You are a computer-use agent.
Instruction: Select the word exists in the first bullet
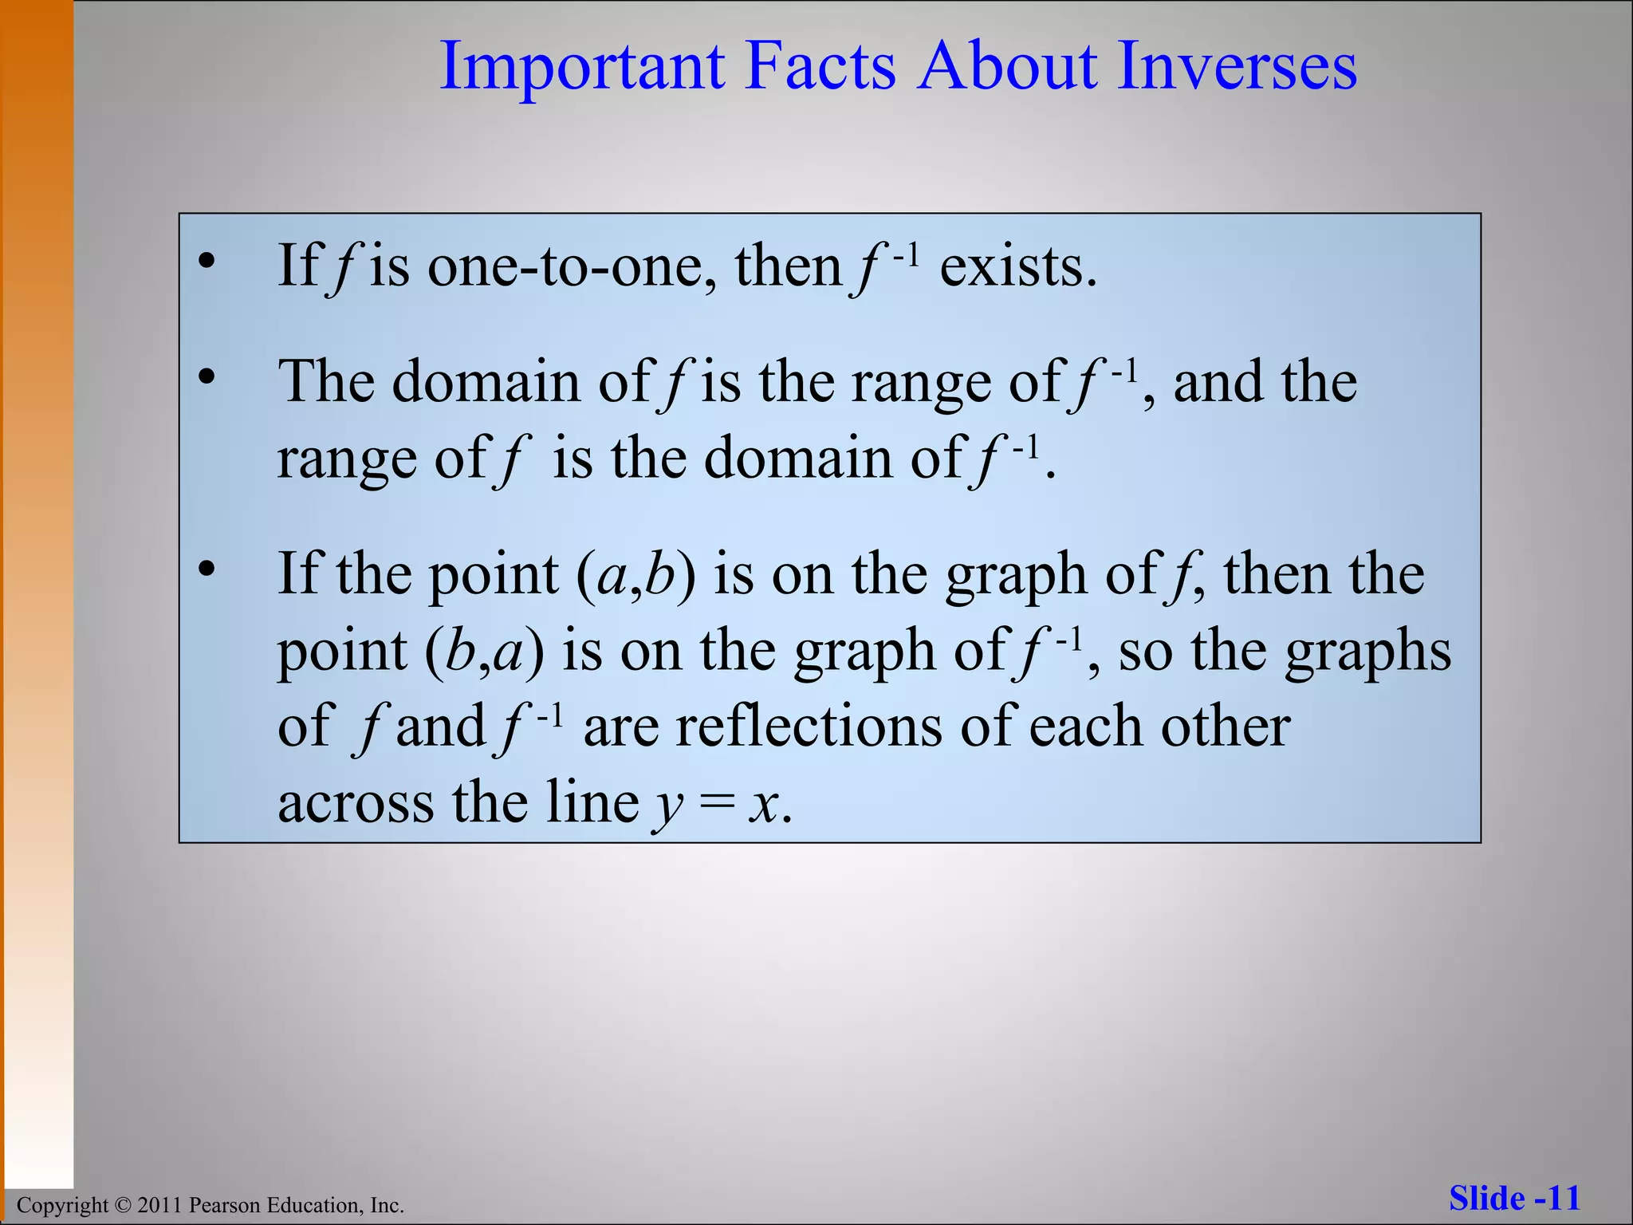[x=1018, y=266]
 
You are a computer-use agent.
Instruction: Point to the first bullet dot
[x=207, y=262]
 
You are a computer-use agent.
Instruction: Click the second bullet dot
[x=207, y=377]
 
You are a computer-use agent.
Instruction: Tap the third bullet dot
[x=207, y=569]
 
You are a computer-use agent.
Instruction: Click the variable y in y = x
[x=668, y=806]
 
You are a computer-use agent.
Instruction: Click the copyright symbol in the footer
[x=121, y=1205]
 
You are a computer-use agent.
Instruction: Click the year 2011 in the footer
[x=159, y=1205]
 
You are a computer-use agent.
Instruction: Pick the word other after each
[x=1225, y=727]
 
